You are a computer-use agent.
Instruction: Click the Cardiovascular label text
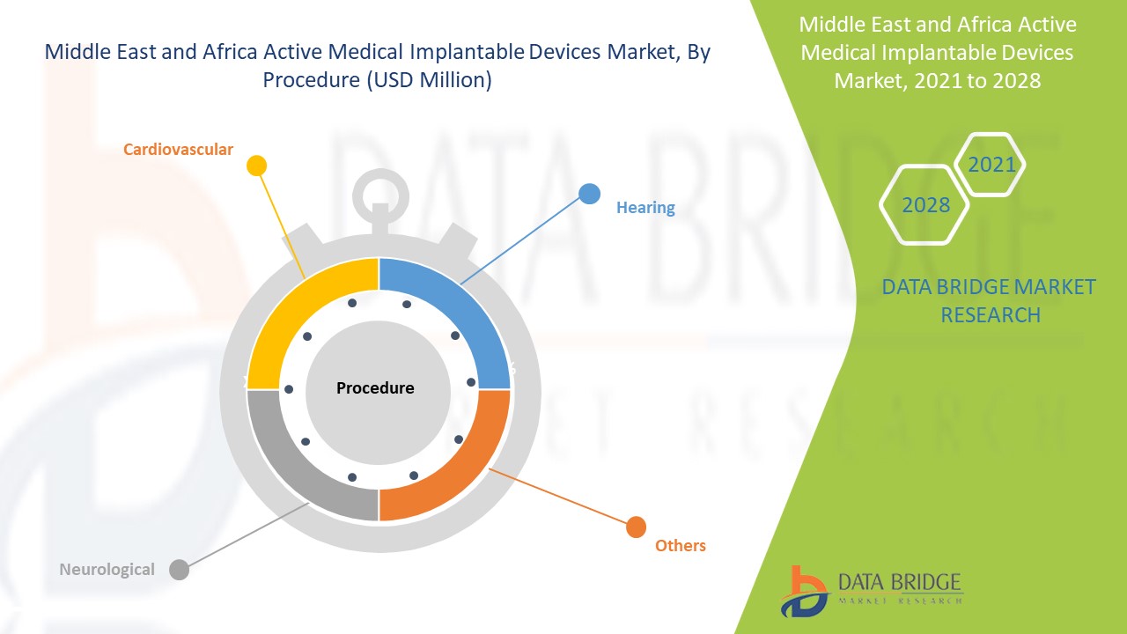pyautogui.click(x=178, y=150)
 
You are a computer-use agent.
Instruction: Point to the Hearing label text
pyautogui.click(x=645, y=208)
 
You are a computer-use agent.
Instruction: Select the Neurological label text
pyautogui.click(x=107, y=570)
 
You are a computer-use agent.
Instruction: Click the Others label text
pyautogui.click(x=680, y=546)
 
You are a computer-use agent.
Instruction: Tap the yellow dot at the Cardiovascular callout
pyautogui.click(x=256, y=165)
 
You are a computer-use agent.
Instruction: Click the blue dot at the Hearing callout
pyautogui.click(x=589, y=194)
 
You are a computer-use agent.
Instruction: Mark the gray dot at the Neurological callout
pyautogui.click(x=179, y=570)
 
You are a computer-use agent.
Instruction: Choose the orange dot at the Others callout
pyautogui.click(x=635, y=527)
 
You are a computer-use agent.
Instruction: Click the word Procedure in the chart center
pyautogui.click(x=375, y=388)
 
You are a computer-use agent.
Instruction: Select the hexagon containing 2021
pyautogui.click(x=991, y=165)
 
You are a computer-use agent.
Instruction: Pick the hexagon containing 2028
pyautogui.click(x=925, y=205)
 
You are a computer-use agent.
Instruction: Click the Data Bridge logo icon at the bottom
pyautogui.click(x=803, y=590)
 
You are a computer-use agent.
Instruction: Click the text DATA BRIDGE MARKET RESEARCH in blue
pyautogui.click(x=990, y=300)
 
